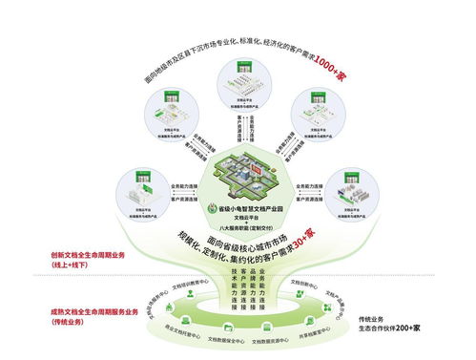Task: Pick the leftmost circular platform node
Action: (x=144, y=189)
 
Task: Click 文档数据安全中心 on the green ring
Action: (x=224, y=339)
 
